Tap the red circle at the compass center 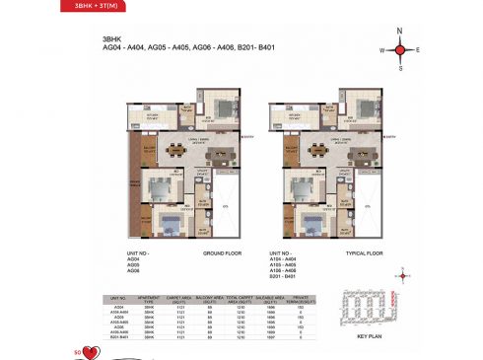(x=400, y=48)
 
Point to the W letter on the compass (x=381, y=48)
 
